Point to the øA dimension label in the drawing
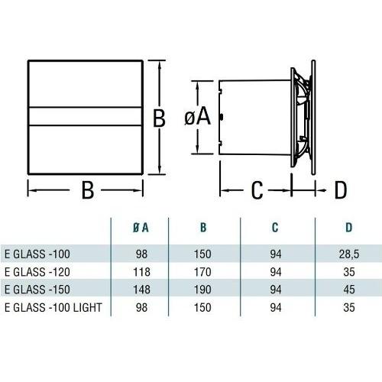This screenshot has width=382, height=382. (x=197, y=116)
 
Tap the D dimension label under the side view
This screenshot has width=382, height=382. (x=340, y=189)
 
